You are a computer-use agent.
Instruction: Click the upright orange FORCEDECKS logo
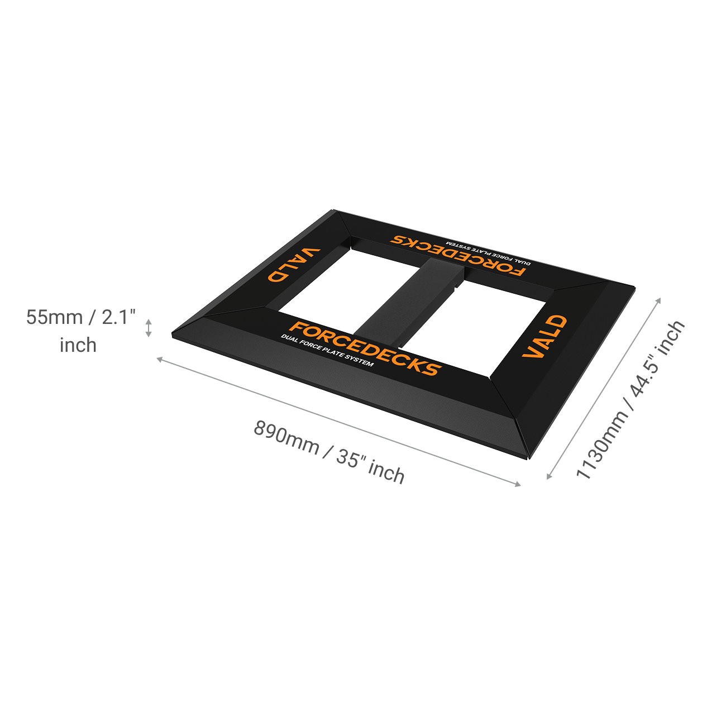tap(366, 348)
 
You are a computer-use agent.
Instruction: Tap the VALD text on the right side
tap(544, 336)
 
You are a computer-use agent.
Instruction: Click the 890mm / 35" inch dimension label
tap(329, 452)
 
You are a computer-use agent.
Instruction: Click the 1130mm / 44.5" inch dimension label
tap(630, 400)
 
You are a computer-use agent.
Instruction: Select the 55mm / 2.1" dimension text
tap(82, 317)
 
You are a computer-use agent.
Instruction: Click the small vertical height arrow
tap(149, 328)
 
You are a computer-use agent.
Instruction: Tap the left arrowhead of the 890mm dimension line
tap(159, 359)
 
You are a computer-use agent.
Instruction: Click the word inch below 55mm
tap(78, 345)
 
